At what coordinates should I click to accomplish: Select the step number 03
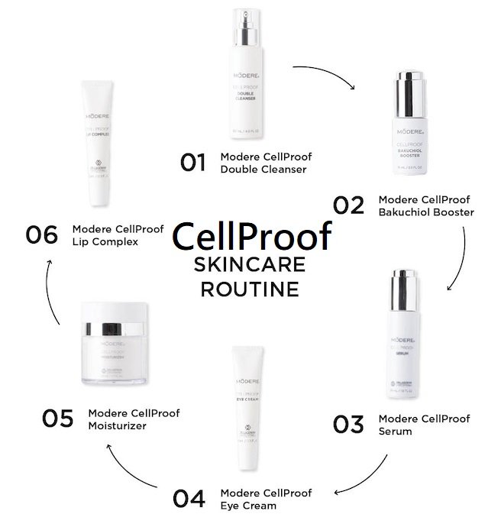pyautogui.click(x=347, y=425)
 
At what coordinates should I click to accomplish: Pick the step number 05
pyautogui.click(x=57, y=419)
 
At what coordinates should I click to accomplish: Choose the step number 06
pyautogui.click(x=41, y=234)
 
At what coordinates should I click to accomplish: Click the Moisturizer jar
pyautogui.click(x=112, y=344)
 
